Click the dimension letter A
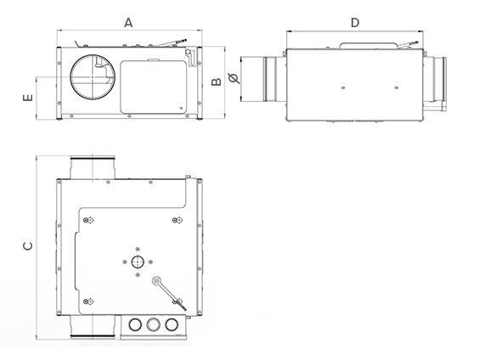(x=129, y=23)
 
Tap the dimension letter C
(x=27, y=246)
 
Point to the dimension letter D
(x=354, y=23)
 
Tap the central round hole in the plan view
(x=136, y=262)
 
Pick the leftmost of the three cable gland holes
(x=134, y=323)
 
